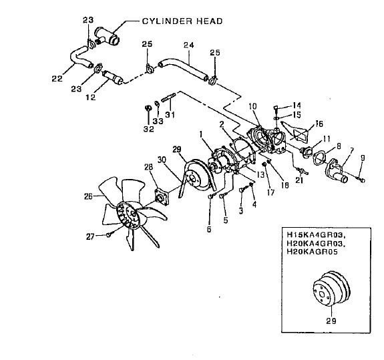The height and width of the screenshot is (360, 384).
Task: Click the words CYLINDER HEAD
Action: (182, 21)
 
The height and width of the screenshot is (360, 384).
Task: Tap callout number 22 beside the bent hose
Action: (57, 78)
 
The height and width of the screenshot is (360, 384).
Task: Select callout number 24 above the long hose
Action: (188, 45)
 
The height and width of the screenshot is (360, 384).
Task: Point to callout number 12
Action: (90, 98)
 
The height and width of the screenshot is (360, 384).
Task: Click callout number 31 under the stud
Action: (170, 115)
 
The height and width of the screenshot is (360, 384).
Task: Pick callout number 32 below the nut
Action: (149, 129)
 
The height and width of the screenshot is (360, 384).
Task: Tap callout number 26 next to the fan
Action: (88, 196)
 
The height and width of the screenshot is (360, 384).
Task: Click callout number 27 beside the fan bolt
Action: (90, 237)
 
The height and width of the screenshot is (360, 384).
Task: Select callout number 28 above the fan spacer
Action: (148, 167)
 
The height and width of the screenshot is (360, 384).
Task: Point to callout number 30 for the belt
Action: (162, 160)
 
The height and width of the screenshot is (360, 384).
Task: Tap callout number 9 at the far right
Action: (363, 158)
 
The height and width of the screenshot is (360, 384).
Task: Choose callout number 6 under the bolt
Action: (209, 229)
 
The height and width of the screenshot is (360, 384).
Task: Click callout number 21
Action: (299, 180)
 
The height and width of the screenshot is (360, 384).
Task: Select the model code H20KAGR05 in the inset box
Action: (313, 252)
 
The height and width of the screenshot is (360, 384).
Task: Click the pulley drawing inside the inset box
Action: (331, 289)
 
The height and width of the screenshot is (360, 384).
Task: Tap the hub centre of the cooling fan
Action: (133, 214)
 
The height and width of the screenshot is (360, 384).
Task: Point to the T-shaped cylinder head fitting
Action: (107, 36)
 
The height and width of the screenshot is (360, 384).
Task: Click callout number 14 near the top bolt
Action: (297, 106)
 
